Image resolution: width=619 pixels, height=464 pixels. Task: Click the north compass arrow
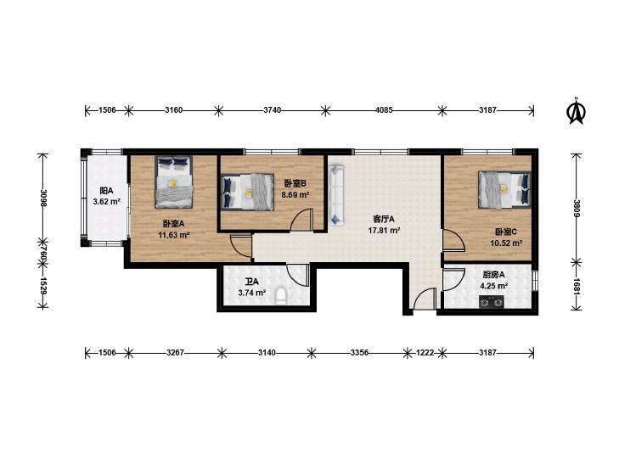coord(576,112)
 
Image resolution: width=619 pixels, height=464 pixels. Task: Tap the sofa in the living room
coord(337,195)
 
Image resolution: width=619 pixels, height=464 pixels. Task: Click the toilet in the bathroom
coord(281,296)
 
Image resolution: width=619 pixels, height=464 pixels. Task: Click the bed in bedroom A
coord(174,182)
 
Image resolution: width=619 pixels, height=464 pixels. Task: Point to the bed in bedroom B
coord(248,193)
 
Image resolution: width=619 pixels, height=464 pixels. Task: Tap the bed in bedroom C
coord(504,189)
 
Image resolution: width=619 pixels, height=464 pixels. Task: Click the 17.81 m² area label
coord(384,231)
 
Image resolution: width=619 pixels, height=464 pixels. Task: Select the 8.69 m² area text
coord(295,195)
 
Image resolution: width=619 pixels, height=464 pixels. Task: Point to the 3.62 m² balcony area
coord(107,202)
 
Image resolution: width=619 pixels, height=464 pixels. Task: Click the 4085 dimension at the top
coord(384,110)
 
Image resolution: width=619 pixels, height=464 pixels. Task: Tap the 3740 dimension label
coord(273,110)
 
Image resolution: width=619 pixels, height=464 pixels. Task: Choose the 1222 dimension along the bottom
coord(425,353)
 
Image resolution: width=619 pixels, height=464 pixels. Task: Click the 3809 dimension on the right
coord(577,209)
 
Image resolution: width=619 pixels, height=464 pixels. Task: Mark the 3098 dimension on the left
coord(43,198)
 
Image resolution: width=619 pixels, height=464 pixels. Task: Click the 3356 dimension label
coord(359,353)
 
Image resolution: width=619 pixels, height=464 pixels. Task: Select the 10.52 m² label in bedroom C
coord(506,243)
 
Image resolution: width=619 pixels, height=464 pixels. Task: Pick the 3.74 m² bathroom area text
coord(252,293)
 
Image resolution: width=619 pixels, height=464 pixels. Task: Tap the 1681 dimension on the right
coord(577,287)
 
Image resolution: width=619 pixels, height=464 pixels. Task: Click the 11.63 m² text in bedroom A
coord(174,235)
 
